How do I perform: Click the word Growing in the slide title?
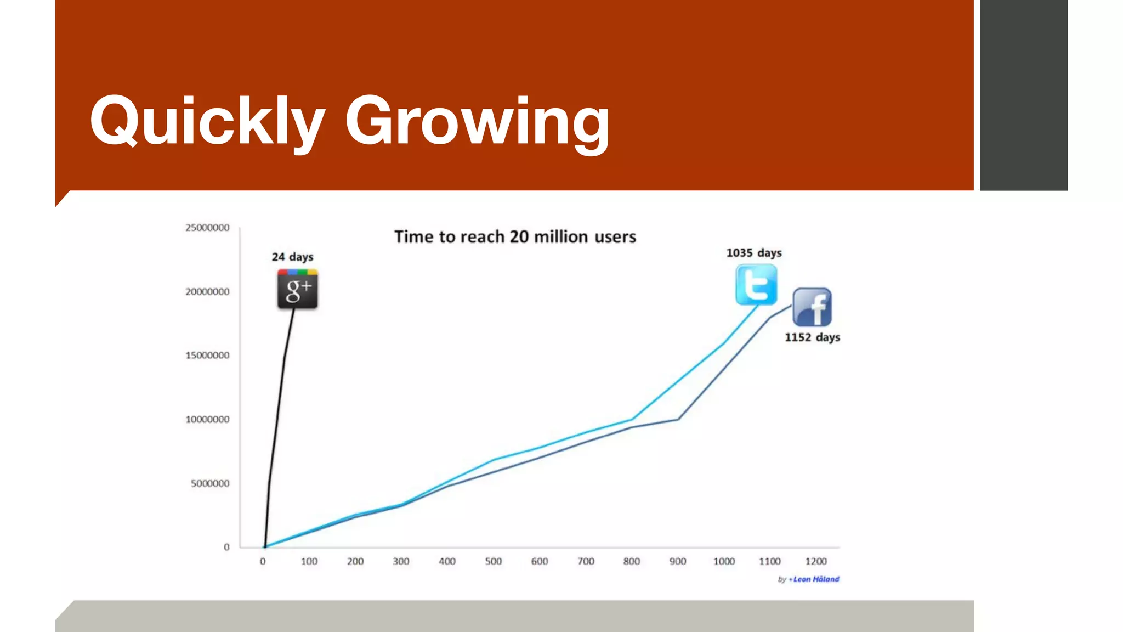pos(477,122)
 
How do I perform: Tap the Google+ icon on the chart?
pos(298,289)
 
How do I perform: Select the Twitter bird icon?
pos(756,285)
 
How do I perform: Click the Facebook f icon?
pos(812,307)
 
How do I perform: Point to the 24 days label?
pos(292,257)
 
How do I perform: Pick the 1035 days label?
pos(754,253)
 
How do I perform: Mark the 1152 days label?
pos(812,337)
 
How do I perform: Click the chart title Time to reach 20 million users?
pos(515,237)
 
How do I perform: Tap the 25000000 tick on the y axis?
pos(207,228)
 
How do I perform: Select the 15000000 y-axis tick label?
pos(207,356)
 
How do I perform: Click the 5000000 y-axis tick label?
pos(210,483)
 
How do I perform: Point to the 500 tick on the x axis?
pos(493,561)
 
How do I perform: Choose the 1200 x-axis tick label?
pos(816,561)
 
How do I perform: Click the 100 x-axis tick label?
pos(309,561)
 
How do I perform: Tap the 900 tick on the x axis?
pos(678,561)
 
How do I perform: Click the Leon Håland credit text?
pos(815,579)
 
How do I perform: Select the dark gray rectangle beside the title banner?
pos(1023,95)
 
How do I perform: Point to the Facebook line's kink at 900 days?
pos(678,419)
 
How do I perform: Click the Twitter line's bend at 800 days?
pos(632,420)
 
